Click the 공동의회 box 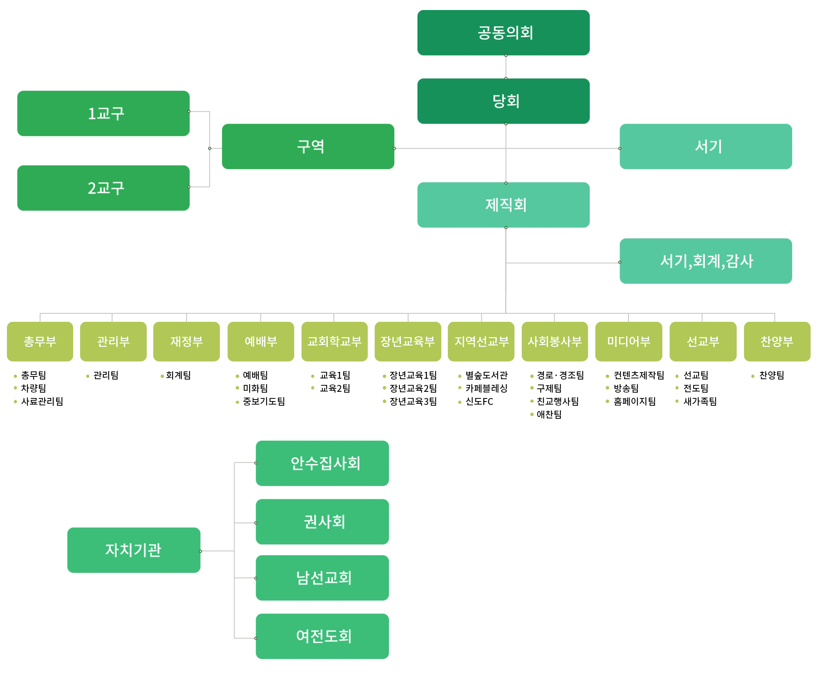503,33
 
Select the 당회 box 503,101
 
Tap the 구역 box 308,146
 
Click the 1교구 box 103,114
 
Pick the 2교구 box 103,188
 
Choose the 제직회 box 503,205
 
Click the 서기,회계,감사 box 705,261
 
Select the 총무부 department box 40,341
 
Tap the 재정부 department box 186,341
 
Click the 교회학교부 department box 334,341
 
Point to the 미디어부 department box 628,341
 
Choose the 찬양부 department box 776,341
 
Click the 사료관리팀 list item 42,401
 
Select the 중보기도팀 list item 264,401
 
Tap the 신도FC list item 479,401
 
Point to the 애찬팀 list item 548,414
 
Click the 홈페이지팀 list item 634,401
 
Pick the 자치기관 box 134,550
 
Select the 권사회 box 322,522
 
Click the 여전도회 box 322,636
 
